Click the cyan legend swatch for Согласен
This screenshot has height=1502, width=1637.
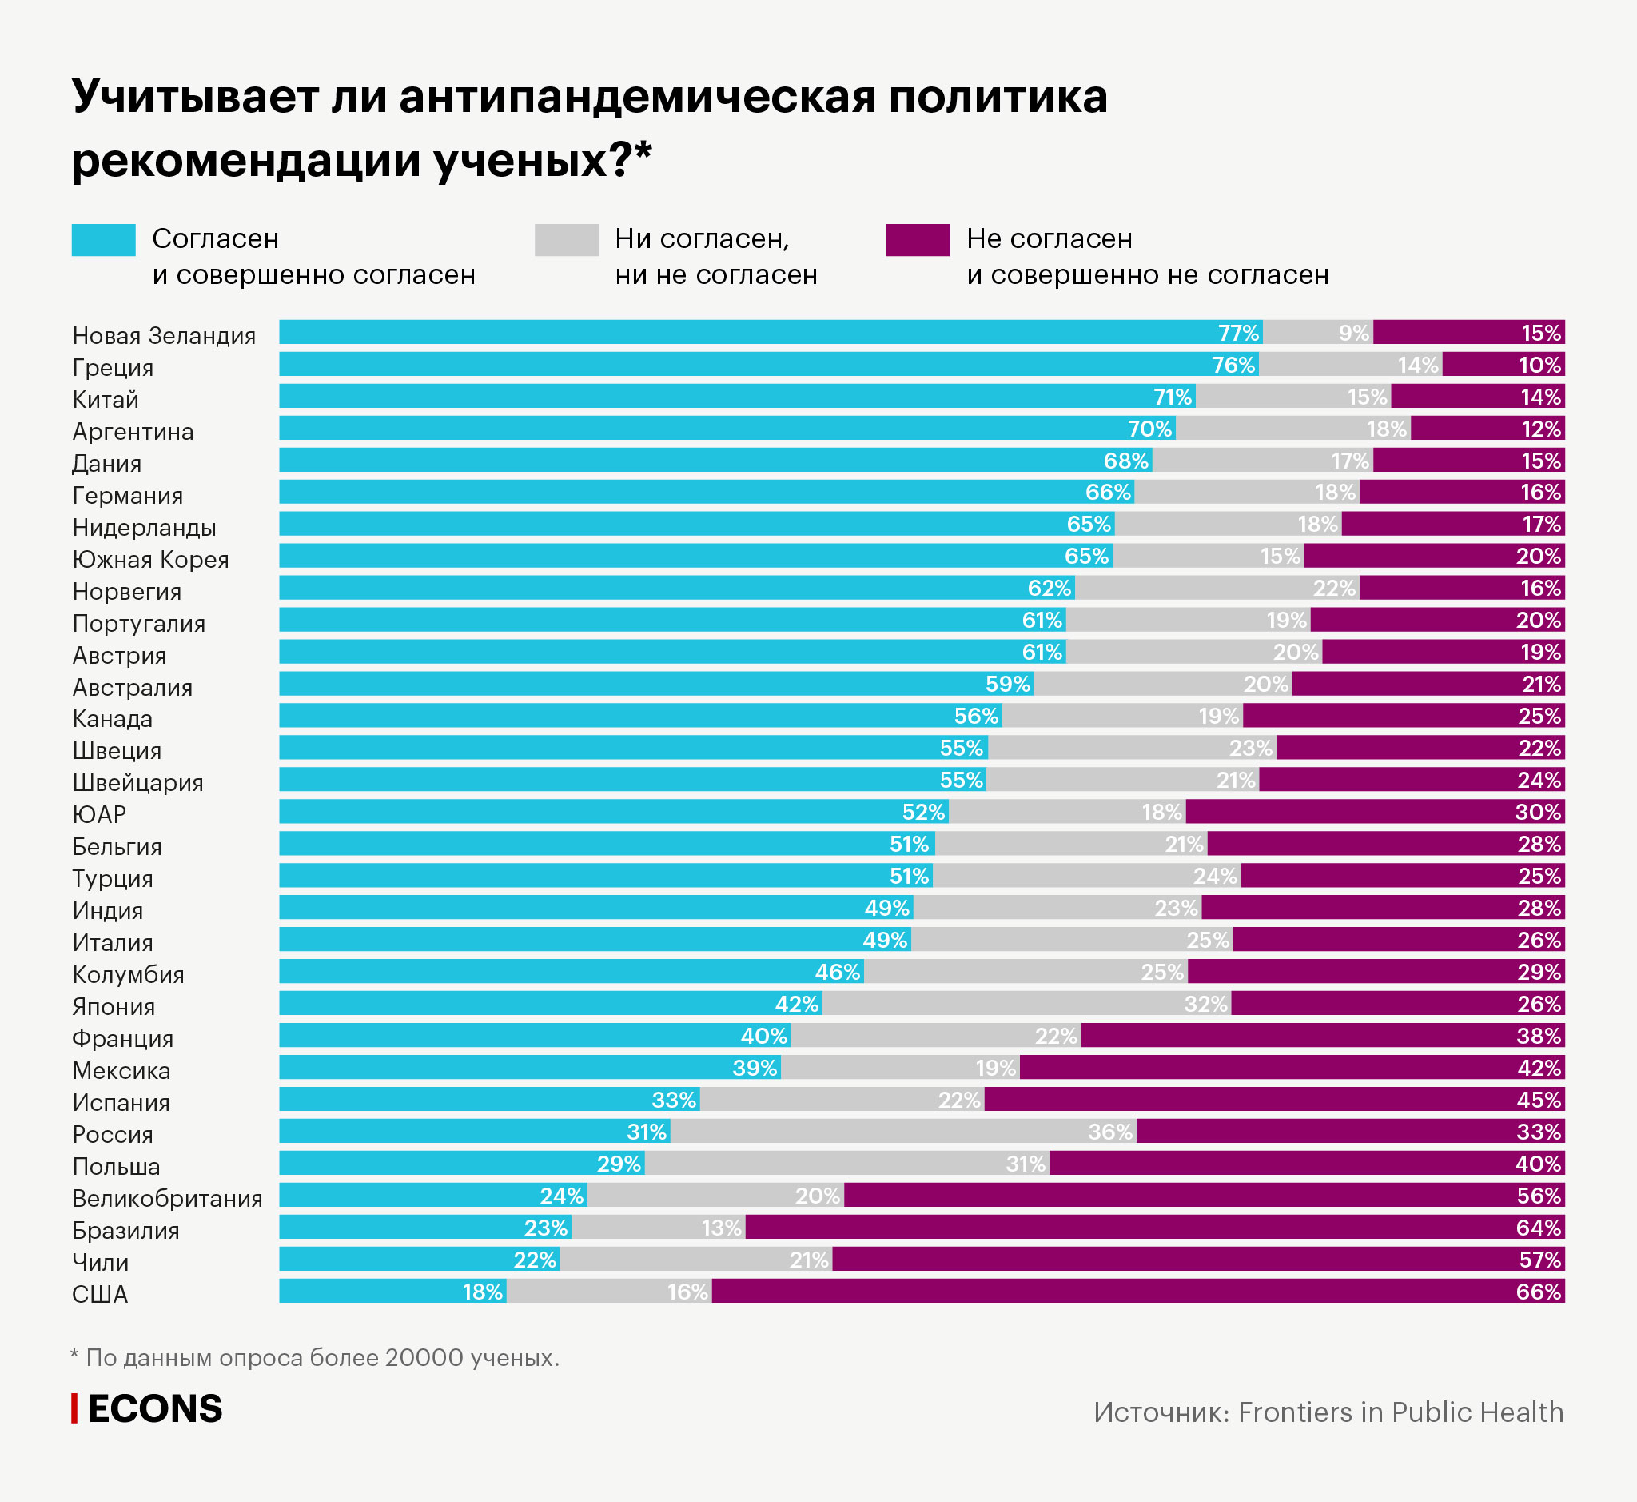click(x=103, y=240)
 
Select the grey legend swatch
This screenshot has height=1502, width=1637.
click(x=566, y=240)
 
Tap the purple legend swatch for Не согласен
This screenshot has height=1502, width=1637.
click(x=917, y=240)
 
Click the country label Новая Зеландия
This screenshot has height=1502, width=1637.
click(x=164, y=335)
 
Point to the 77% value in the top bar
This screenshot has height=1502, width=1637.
click(x=1238, y=333)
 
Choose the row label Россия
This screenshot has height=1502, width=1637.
click(x=113, y=1134)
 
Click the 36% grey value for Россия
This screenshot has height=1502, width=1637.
click(x=1109, y=1132)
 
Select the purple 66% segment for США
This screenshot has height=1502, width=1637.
click(x=1137, y=1291)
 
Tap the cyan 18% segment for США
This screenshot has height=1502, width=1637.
click(x=392, y=1291)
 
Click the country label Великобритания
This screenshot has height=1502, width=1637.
click(x=167, y=1198)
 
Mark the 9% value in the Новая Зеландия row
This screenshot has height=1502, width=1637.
click(x=1353, y=333)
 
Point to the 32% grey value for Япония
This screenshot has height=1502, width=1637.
click(x=1205, y=1004)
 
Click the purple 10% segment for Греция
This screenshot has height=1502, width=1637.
click(x=1503, y=364)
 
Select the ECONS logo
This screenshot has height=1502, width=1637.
click(x=148, y=1408)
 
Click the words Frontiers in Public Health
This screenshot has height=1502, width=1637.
click(x=1400, y=1412)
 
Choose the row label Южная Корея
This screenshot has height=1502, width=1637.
click(x=150, y=559)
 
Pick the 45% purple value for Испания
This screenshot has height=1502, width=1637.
click(x=1539, y=1100)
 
